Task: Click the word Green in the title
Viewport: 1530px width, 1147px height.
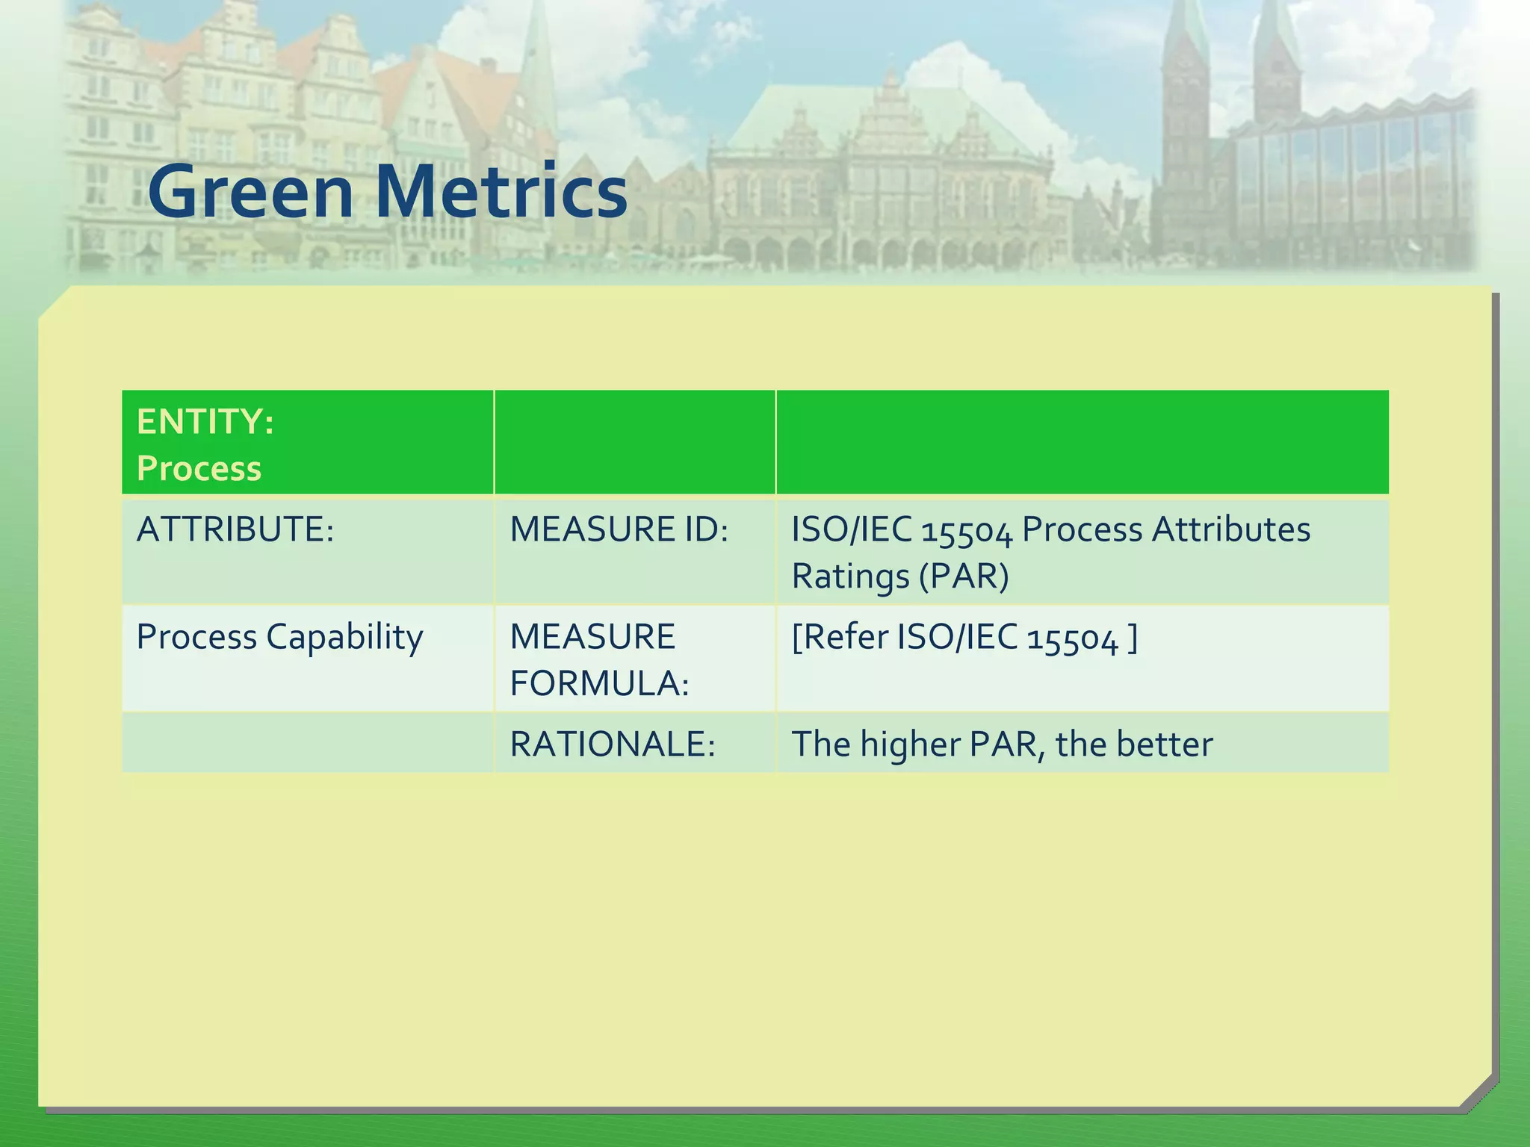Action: click(250, 192)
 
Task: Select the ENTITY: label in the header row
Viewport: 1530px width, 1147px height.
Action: click(205, 422)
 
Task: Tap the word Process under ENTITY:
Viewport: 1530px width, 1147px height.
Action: click(199, 469)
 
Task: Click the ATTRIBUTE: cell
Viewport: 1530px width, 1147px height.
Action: click(235, 529)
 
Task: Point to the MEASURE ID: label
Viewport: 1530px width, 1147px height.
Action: click(619, 529)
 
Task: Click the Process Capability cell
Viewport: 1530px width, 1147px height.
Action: click(279, 637)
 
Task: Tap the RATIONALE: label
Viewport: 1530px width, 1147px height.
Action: click(613, 745)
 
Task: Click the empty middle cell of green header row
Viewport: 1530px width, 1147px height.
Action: click(634, 442)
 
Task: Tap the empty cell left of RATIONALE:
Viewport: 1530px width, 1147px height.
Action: click(307, 742)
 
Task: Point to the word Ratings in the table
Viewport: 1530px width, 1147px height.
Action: click(850, 576)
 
